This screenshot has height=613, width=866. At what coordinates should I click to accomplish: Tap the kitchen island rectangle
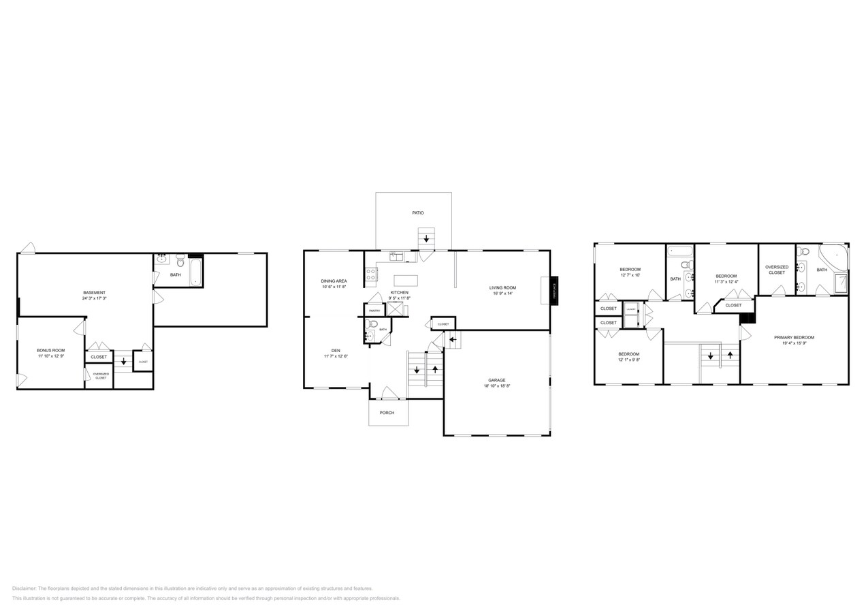pyautogui.click(x=405, y=280)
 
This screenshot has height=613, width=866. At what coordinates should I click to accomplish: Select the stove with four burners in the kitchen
pyautogui.click(x=371, y=274)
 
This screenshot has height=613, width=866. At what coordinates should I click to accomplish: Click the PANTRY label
pyautogui.click(x=374, y=311)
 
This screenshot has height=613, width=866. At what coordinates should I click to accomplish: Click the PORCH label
pyautogui.click(x=387, y=413)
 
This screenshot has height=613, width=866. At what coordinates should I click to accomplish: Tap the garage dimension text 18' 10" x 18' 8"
pyautogui.click(x=496, y=386)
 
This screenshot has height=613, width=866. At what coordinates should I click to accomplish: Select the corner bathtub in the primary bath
pyautogui.click(x=832, y=258)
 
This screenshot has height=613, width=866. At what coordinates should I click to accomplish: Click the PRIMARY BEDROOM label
pyautogui.click(x=794, y=337)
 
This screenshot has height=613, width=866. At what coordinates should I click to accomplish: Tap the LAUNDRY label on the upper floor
pyautogui.click(x=631, y=309)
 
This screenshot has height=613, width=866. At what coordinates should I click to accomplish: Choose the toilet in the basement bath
pyautogui.click(x=180, y=260)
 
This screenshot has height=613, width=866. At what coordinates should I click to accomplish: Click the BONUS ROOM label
pyautogui.click(x=51, y=350)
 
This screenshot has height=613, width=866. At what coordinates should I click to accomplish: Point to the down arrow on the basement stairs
pyautogui.click(x=123, y=362)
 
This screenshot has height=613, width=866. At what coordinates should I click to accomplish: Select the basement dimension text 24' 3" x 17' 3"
pyautogui.click(x=94, y=298)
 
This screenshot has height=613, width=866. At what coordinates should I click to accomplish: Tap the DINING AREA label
pyautogui.click(x=334, y=281)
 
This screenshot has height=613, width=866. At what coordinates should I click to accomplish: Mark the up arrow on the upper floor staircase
pyautogui.click(x=730, y=355)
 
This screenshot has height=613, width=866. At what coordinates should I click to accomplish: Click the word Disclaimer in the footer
pyautogui.click(x=24, y=588)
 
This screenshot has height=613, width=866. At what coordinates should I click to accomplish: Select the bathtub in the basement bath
pyautogui.click(x=195, y=272)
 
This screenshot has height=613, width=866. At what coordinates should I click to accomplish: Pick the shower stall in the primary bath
pyautogui.click(x=841, y=283)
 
